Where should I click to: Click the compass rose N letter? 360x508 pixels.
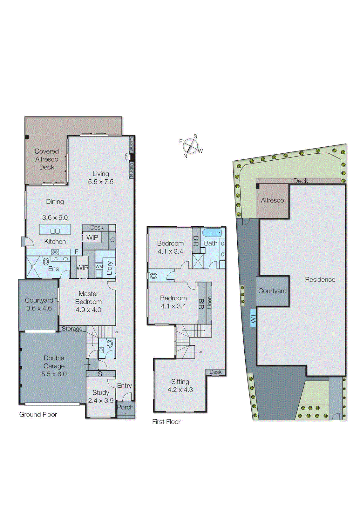[x=185, y=156]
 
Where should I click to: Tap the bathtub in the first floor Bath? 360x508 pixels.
[x=212, y=232]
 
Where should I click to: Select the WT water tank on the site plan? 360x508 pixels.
[x=253, y=318]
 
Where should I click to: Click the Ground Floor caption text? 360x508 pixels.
[x=38, y=414]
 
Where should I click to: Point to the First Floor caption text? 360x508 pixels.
[x=166, y=422]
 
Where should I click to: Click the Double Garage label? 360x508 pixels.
[x=54, y=362]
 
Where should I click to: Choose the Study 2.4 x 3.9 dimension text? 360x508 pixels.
[x=101, y=401]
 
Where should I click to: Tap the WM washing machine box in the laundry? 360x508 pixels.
[x=99, y=267]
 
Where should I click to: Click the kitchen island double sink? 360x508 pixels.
[x=55, y=231]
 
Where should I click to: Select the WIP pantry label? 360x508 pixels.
[x=92, y=237]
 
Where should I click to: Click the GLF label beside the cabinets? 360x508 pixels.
[x=126, y=157]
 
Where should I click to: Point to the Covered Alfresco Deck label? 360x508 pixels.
[x=47, y=159]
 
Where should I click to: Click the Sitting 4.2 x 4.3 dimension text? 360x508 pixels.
[x=180, y=390]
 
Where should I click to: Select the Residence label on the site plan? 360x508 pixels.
[x=320, y=279]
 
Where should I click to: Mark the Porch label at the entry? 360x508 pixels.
[x=125, y=407]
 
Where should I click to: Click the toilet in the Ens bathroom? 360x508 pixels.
[x=46, y=262]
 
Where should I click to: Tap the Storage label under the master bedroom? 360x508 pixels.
[x=72, y=329]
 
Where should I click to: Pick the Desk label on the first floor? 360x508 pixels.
[x=215, y=372]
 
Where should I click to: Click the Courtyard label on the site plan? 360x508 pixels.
[x=272, y=291]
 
